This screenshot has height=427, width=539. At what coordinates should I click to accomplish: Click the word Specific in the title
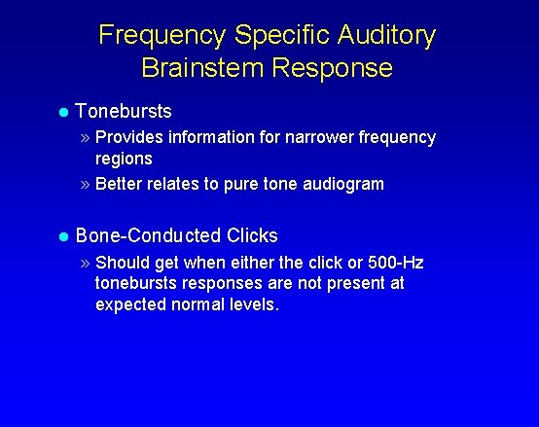(x=280, y=36)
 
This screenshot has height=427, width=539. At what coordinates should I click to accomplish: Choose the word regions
(x=124, y=158)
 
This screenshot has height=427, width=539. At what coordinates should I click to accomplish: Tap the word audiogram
(x=345, y=183)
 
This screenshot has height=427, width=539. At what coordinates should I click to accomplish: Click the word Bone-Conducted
(x=148, y=235)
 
